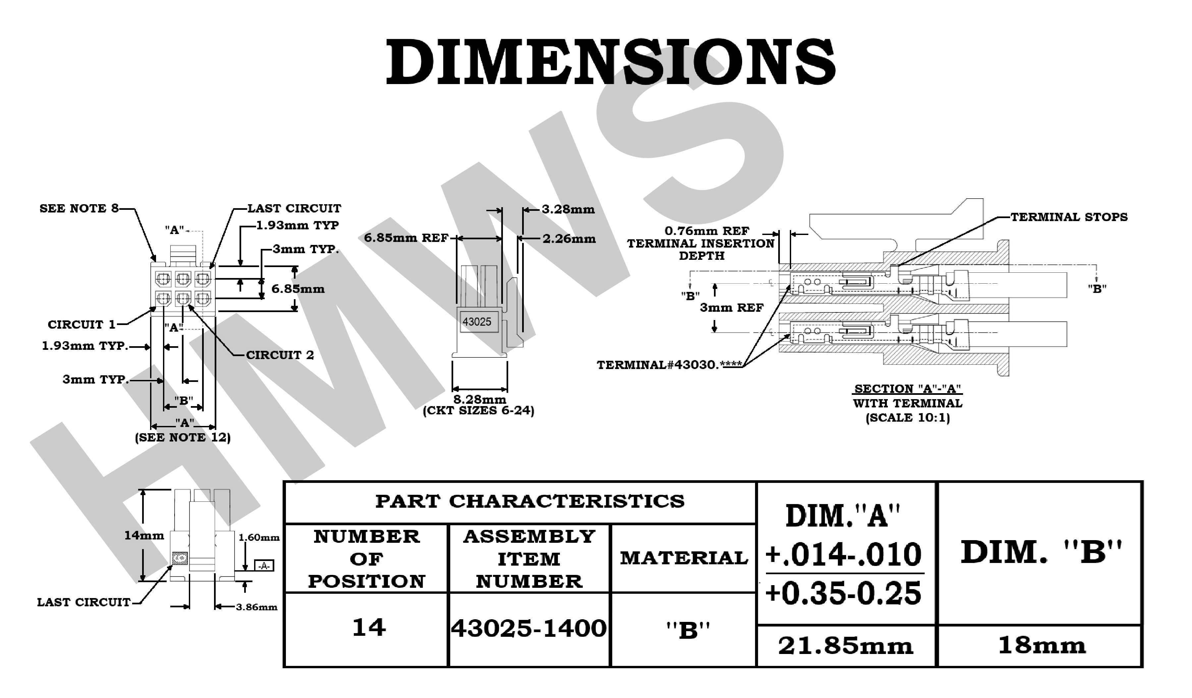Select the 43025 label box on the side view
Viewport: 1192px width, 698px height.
pyautogui.click(x=477, y=322)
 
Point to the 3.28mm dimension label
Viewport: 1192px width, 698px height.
pyautogui.click(x=568, y=209)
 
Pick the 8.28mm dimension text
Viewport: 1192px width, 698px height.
pyautogui.click(x=480, y=400)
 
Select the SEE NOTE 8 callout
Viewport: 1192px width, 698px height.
pyautogui.click(x=79, y=209)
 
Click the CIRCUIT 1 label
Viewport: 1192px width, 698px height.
pyautogui.click(x=82, y=325)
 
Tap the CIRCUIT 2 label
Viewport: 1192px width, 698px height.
pyautogui.click(x=280, y=355)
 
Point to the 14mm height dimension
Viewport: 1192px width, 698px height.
pyautogui.click(x=144, y=535)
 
